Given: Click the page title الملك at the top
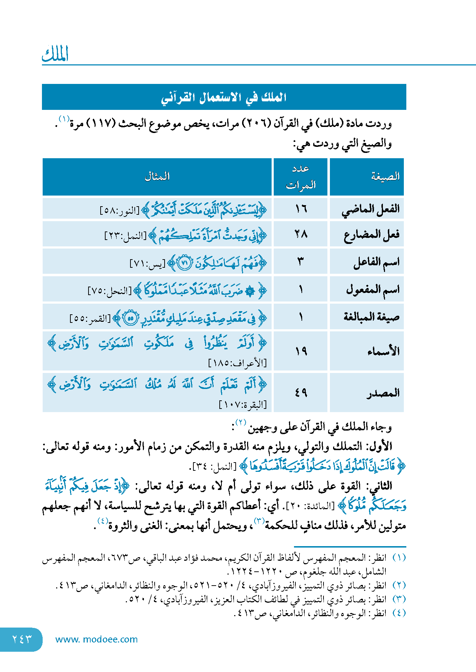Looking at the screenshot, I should (55, 54).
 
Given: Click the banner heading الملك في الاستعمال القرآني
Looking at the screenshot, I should (224, 97).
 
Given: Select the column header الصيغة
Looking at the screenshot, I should (385, 176).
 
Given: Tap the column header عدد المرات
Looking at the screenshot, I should (301, 177).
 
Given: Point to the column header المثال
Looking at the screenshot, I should (157, 176).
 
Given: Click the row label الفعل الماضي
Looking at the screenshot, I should (370, 209).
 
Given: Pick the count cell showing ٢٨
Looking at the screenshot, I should (301, 234).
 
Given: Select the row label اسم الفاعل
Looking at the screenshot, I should (376, 262).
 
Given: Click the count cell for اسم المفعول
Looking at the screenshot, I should (301, 289).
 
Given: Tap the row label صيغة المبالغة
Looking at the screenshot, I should (371, 316).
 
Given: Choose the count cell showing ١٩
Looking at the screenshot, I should (301, 351).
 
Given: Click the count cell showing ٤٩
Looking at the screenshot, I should (301, 393).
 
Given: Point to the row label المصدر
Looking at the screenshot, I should (383, 393).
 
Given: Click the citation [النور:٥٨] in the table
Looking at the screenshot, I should (119, 210).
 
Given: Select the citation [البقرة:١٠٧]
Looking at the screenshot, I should (242, 405).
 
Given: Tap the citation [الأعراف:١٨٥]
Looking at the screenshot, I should (237, 363).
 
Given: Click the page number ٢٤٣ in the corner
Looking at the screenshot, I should (22, 639).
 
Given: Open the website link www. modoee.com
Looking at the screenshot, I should (96, 639).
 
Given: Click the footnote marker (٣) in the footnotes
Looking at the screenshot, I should (399, 599).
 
